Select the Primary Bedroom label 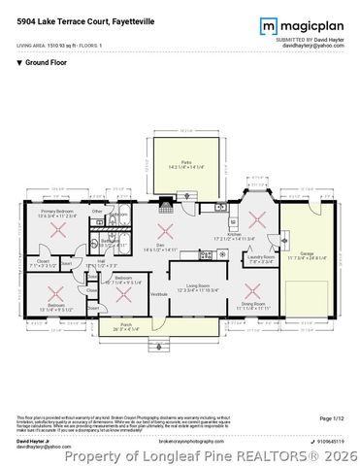(59, 212)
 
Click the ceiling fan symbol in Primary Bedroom (59, 231)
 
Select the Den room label (165, 248)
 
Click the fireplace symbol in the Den (166, 203)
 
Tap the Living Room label (199, 285)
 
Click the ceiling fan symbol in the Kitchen (254, 216)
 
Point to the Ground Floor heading (44, 61)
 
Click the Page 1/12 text (330, 418)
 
